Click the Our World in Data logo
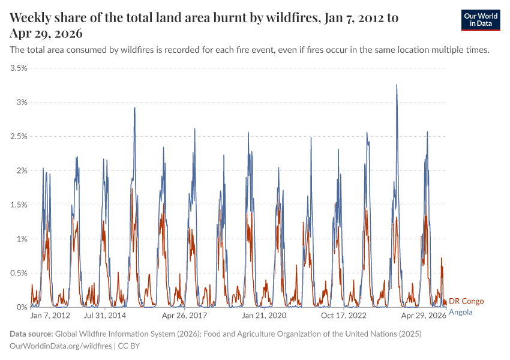tap(480, 20)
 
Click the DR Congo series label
tap(466, 301)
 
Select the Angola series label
tap(461, 312)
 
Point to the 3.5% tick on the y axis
tap(19, 68)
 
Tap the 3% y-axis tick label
tap(22, 102)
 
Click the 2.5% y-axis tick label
tap(19, 136)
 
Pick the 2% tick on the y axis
tap(22, 170)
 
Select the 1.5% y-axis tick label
tap(19, 205)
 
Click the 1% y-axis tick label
tap(22, 239)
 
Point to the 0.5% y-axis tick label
tap(19, 273)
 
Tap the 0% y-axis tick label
tap(22, 307)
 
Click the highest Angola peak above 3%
tap(397, 85)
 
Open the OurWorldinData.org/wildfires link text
tap(61, 346)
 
